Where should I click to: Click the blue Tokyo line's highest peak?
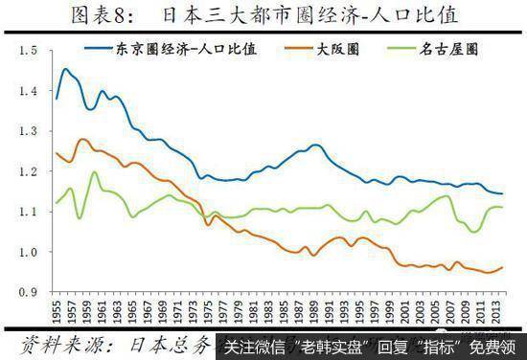65,69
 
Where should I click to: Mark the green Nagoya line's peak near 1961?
94,172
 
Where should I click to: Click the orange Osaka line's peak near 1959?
83,140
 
